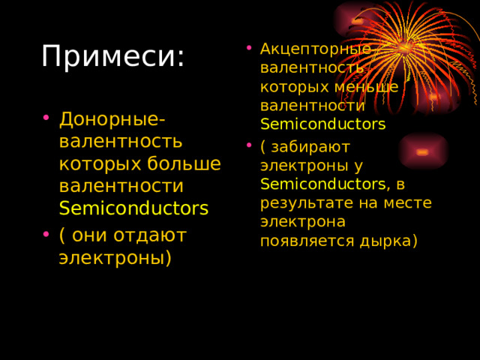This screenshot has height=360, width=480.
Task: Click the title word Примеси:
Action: [112, 57]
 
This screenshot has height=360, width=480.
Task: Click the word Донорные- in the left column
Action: [112, 118]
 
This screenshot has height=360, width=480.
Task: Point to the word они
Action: [93, 235]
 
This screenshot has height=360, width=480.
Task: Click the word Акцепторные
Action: [315, 49]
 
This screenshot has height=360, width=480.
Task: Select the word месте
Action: [410, 202]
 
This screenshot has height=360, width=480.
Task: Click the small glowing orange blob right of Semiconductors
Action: [423, 151]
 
